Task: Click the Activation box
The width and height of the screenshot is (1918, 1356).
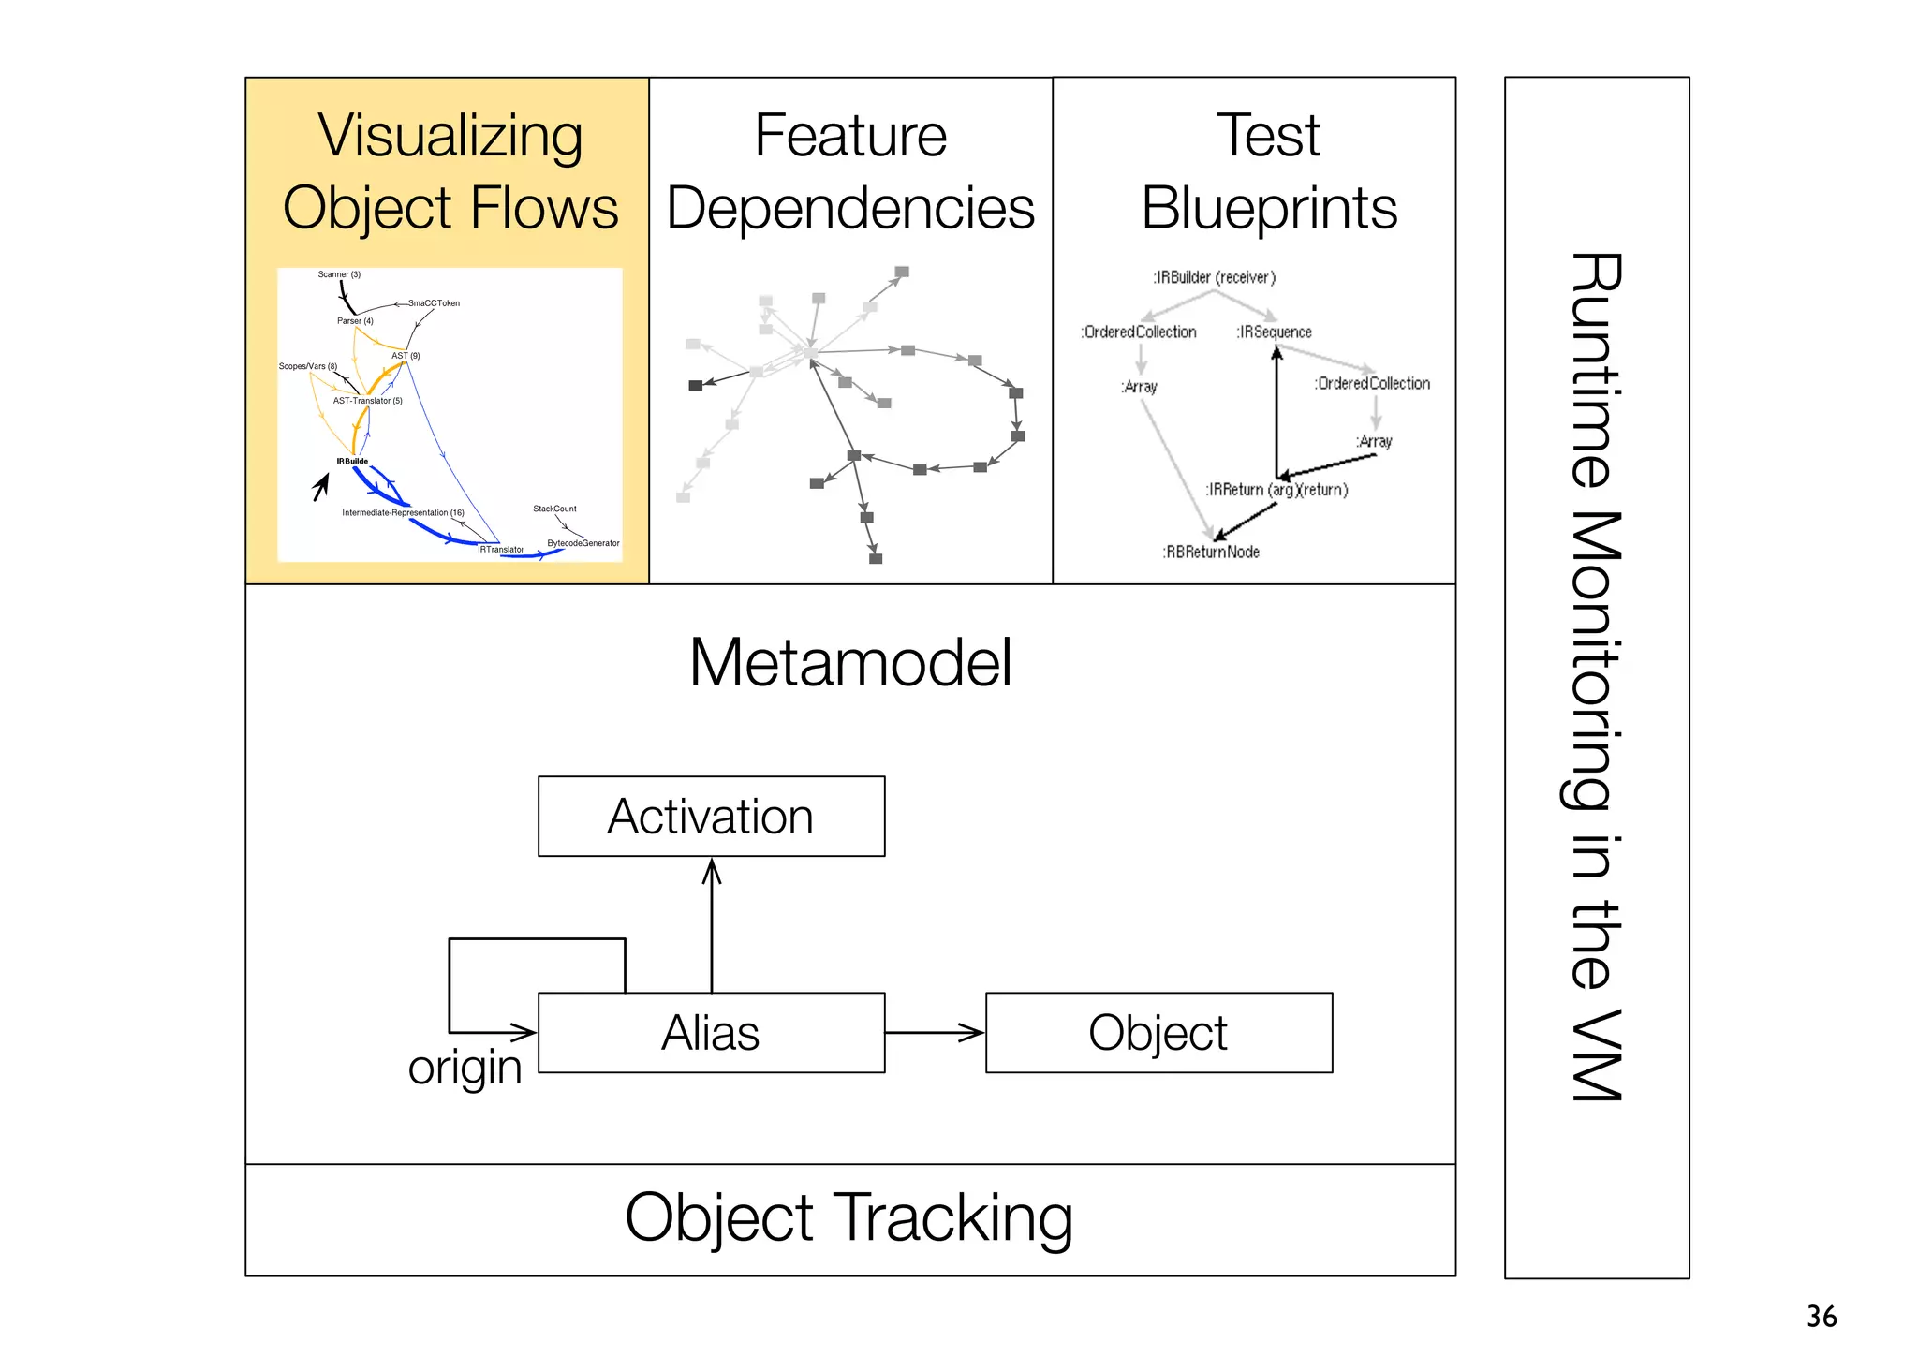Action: [x=711, y=816]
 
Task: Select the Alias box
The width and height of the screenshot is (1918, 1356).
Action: [x=711, y=1032]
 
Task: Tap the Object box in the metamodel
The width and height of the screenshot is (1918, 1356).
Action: [x=1158, y=1032]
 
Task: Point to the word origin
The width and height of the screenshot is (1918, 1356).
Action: [x=465, y=1067]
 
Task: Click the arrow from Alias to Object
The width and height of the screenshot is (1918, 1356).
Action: [x=935, y=1032]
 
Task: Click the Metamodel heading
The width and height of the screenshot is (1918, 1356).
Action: [x=850, y=662]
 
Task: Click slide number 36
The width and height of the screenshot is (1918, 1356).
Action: [x=1822, y=1316]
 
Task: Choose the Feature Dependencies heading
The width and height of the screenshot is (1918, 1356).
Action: [x=850, y=170]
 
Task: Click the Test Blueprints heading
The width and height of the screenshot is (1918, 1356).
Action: [x=1269, y=170]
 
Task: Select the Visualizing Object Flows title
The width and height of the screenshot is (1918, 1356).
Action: [x=450, y=170]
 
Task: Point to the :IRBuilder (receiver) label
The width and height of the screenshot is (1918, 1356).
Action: [x=1214, y=277]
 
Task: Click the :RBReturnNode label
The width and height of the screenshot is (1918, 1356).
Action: [x=1211, y=552]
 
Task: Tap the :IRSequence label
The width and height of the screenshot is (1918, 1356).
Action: [x=1274, y=332]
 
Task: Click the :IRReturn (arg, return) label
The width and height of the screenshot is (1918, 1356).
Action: [x=1276, y=489]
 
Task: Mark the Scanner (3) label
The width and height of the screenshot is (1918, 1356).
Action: [x=339, y=274]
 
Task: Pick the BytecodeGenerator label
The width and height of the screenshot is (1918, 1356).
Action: [x=583, y=543]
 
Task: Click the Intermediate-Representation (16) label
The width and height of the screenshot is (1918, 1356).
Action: [x=403, y=512]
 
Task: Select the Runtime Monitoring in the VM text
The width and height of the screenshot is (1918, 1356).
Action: [x=1596, y=676]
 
